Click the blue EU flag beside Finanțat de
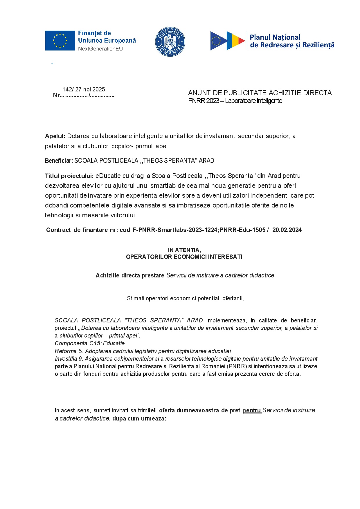click(x=60, y=41)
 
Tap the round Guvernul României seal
click(x=170, y=42)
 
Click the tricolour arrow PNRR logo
click(x=228, y=41)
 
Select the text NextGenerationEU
click(x=100, y=49)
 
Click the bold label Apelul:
click(x=55, y=136)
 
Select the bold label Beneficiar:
click(x=59, y=161)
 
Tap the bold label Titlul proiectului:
click(x=69, y=176)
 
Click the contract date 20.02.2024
click(x=287, y=230)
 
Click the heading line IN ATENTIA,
click(x=184, y=250)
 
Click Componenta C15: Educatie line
click(x=90, y=343)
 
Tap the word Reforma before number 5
click(x=66, y=351)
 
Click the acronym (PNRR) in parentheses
click(x=237, y=366)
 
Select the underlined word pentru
click(x=252, y=410)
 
